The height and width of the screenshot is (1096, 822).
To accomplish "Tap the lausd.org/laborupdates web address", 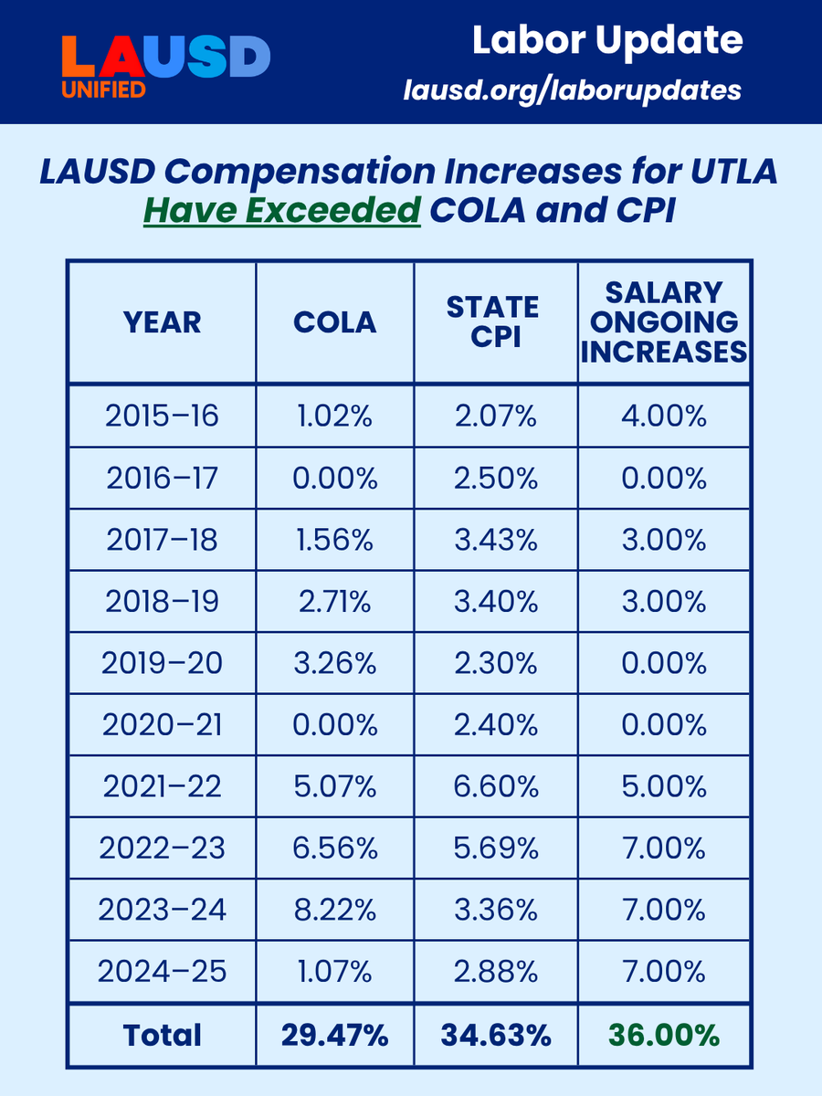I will [x=573, y=90].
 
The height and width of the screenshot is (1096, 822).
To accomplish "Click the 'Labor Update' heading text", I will [x=607, y=40].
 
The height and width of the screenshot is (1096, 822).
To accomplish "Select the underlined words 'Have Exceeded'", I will [x=281, y=211].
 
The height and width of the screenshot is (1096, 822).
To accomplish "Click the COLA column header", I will [x=334, y=321].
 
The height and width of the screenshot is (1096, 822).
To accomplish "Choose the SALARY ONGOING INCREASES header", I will [x=664, y=321].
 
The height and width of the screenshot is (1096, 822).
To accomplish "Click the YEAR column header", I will [x=162, y=321].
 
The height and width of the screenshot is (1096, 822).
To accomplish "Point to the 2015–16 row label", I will [x=162, y=416].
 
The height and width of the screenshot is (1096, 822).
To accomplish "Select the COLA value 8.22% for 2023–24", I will [x=334, y=910].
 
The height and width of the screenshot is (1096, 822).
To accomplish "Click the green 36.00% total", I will [x=664, y=1035].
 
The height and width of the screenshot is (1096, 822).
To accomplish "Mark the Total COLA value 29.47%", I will [x=334, y=1035].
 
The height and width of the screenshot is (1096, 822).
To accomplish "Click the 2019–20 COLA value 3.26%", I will [x=334, y=663].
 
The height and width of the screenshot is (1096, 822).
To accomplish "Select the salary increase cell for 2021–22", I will [x=664, y=786].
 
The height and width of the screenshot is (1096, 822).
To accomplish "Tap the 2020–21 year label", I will [x=162, y=725].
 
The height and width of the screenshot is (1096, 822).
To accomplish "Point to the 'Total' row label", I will [x=162, y=1035].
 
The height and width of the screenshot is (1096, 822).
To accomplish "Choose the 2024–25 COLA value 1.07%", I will [x=334, y=972].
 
